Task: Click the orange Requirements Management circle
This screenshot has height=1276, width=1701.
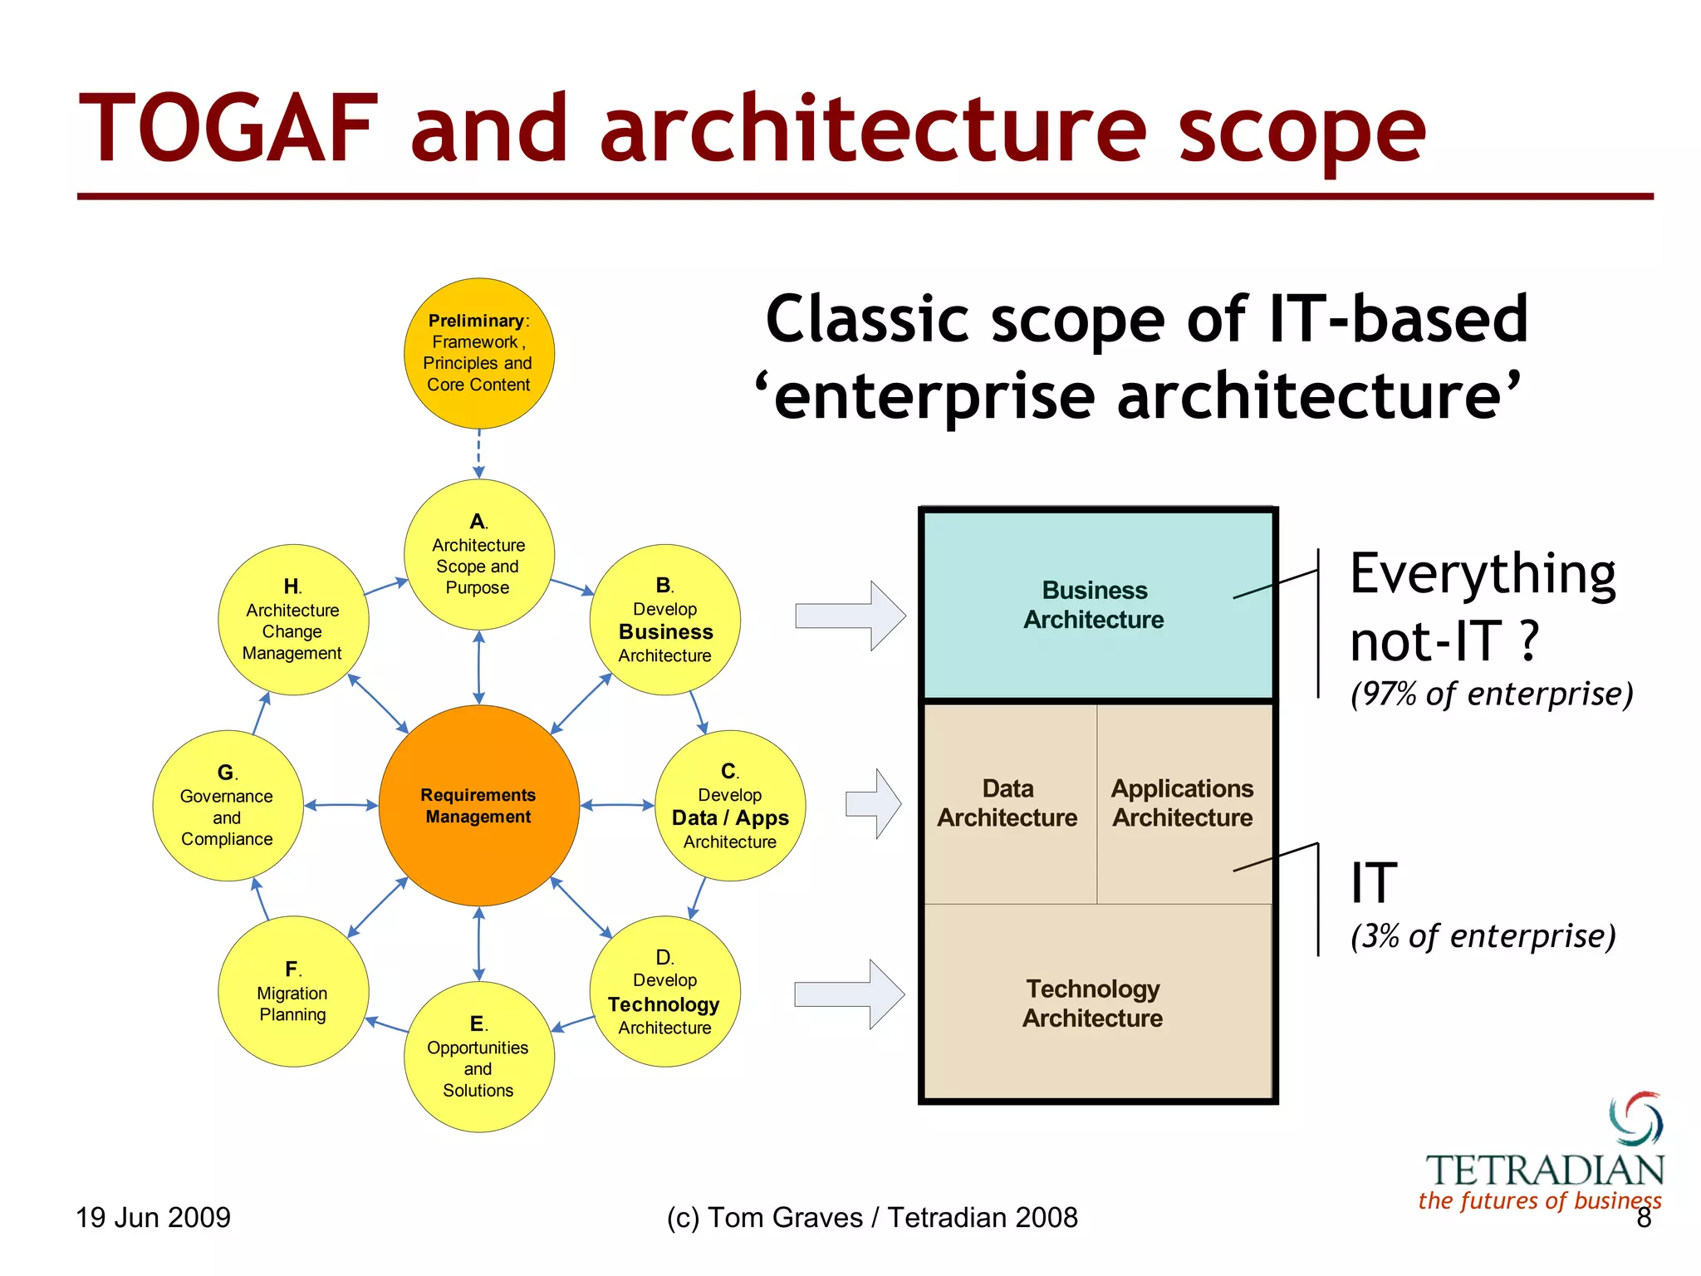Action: click(x=478, y=805)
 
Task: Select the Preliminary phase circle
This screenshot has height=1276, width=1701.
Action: click(x=478, y=353)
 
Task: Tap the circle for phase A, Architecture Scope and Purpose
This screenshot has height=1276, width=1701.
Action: click(x=478, y=554)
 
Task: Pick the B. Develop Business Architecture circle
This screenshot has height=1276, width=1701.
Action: click(x=664, y=620)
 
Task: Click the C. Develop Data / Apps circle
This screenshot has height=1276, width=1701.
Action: click(x=730, y=805)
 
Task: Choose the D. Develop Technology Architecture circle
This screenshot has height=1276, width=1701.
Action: click(x=664, y=991)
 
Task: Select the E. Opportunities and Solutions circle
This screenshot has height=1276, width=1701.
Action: click(x=478, y=1057)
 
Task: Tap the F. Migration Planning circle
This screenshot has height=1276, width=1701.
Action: click(x=292, y=991)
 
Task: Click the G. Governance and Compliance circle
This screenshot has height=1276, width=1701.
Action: click(x=227, y=805)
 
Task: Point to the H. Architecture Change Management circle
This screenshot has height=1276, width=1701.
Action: click(x=292, y=620)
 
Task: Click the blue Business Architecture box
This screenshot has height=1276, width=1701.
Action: click(x=1096, y=606)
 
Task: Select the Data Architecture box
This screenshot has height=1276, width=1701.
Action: click(x=1008, y=803)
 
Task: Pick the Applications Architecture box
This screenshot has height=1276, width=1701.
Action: click(x=1183, y=803)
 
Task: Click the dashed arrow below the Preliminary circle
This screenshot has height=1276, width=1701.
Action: click(x=479, y=454)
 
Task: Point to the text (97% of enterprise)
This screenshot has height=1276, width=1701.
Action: click(x=1492, y=694)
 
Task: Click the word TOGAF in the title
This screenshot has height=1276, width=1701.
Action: click(x=228, y=129)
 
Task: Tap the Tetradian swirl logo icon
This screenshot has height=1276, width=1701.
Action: click(x=1636, y=1118)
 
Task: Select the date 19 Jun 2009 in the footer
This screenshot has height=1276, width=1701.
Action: click(x=153, y=1217)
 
